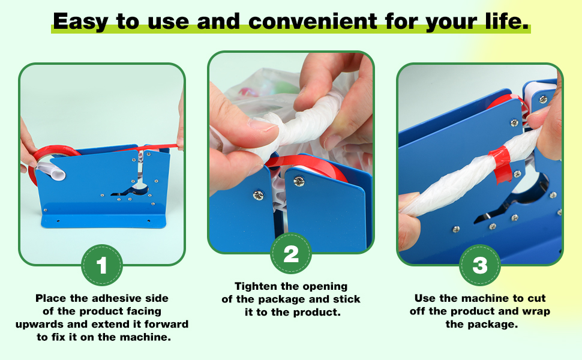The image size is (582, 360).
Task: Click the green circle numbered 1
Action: point(102,265)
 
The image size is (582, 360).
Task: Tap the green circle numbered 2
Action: point(290,253)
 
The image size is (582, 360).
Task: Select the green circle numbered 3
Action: point(480,265)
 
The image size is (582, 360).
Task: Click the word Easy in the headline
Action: point(80,21)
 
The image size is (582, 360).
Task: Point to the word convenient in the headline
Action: point(313,21)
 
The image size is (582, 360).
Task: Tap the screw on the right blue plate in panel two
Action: point(299,181)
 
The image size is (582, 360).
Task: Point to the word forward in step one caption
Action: point(166,324)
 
